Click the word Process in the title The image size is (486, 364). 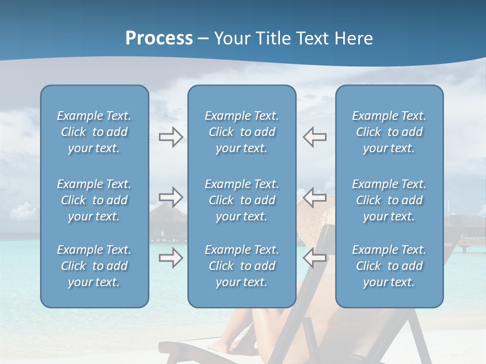pos(159,38)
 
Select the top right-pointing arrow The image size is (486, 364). pos(171,137)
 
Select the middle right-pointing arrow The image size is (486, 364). pos(171,197)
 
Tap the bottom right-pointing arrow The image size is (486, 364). pos(171,258)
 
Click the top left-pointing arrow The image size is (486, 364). pos(315,137)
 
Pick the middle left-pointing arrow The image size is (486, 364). pos(315,197)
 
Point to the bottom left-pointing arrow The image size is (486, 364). pos(315,258)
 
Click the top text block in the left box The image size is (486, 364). pos(94,132)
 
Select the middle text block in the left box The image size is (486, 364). pos(94,200)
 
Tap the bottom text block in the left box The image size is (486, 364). pos(94,266)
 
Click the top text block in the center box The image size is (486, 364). pos(241,132)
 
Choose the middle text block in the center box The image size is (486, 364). pos(241,200)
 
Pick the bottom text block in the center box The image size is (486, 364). pos(241,266)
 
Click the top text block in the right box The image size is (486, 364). pos(389,132)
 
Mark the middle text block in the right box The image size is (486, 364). pos(389,200)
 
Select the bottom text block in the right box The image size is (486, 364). pos(389,266)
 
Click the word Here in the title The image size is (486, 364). pos(354,38)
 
